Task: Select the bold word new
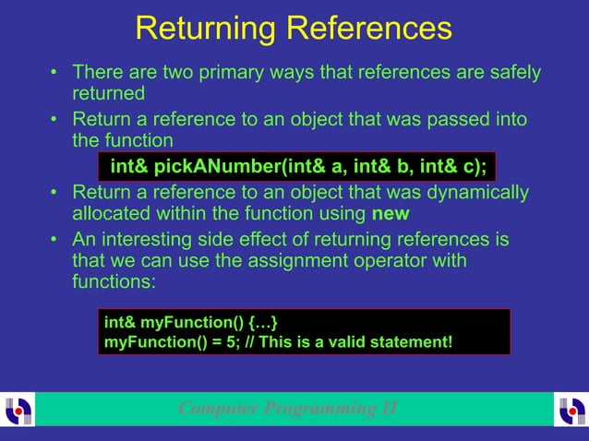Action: [391, 215]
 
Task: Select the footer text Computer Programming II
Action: [288, 409]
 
